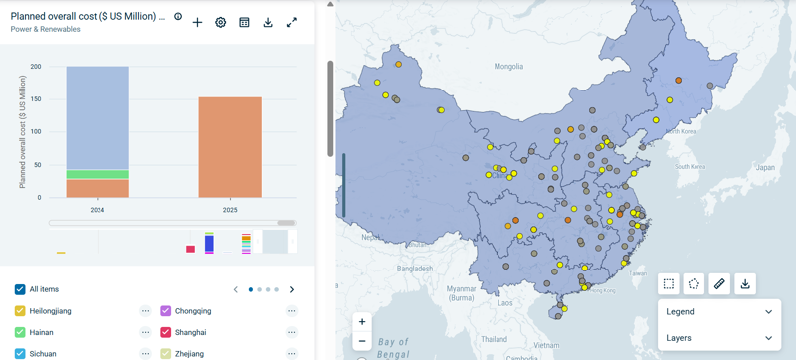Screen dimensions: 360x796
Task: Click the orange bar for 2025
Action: pyautogui.click(x=230, y=147)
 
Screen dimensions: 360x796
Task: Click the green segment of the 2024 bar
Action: pyautogui.click(x=98, y=174)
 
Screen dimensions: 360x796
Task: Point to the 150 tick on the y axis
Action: pyautogui.click(x=36, y=99)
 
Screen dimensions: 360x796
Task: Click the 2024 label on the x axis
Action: pyautogui.click(x=98, y=210)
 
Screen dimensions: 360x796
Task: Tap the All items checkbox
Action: pyautogui.click(x=20, y=289)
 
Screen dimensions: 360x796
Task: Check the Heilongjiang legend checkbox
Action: pyautogui.click(x=20, y=311)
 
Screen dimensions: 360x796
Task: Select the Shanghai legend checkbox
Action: pyautogui.click(x=166, y=332)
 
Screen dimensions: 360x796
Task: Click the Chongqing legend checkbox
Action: pyautogui.click(x=166, y=311)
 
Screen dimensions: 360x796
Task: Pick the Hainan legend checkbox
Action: pyautogui.click(x=20, y=332)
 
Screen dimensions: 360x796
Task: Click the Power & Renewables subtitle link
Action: pyautogui.click(x=45, y=30)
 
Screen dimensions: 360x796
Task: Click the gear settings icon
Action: pyautogui.click(x=221, y=22)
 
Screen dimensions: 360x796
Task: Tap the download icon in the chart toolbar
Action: pyautogui.click(x=268, y=22)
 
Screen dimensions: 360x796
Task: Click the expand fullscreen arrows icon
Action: pyautogui.click(x=292, y=22)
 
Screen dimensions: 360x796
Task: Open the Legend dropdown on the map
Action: pyautogui.click(x=718, y=312)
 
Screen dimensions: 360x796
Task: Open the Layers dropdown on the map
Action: pyautogui.click(x=718, y=338)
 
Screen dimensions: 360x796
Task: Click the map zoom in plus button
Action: pyautogui.click(x=362, y=322)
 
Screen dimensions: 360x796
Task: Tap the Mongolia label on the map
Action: pyautogui.click(x=508, y=67)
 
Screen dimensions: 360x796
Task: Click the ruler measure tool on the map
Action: pyautogui.click(x=719, y=284)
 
